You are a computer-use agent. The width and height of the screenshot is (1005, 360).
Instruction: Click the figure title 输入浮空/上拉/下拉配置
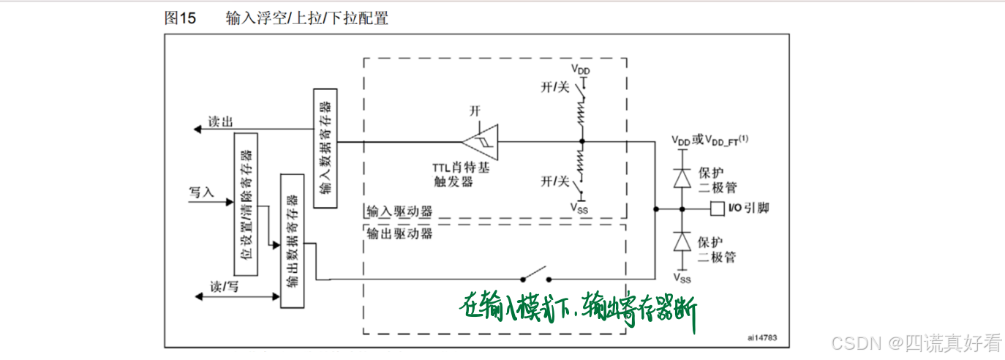[307, 18]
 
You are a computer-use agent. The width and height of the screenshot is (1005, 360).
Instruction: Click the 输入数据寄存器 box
[325, 149]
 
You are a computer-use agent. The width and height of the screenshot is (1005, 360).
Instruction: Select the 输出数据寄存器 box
[292, 241]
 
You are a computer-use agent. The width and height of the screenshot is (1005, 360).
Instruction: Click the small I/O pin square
[716, 209]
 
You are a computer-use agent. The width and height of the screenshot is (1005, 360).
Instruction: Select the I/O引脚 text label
[749, 209]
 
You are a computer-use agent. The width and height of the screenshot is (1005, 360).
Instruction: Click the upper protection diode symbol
[682, 178]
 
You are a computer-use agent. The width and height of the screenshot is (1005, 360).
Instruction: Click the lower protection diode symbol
[682, 241]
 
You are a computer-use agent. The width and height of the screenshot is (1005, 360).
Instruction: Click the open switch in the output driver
[535, 277]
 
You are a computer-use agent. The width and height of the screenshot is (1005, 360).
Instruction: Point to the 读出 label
[220, 121]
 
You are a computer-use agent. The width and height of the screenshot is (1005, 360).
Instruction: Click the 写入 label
[201, 192]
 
